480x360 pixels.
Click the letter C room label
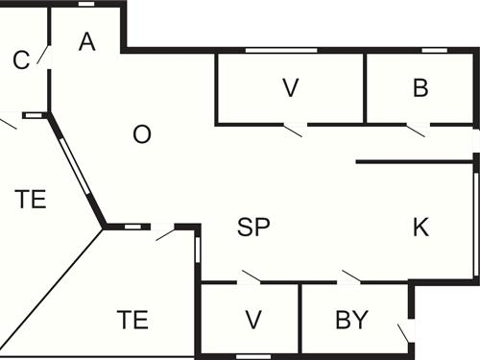pos(21,60)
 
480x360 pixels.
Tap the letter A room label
pos(87,41)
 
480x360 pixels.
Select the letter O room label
pos(141,134)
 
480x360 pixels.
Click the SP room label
pos(253,228)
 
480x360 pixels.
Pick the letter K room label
pos(420,228)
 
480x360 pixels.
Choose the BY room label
pos(352,320)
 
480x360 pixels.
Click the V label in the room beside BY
pos(252,320)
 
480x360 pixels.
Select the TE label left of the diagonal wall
pos(32,200)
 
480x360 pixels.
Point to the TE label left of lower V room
pos(132,320)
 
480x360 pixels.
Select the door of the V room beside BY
pos(251,277)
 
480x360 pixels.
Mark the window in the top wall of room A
pos(86,4)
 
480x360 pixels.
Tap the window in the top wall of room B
pos(435,50)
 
